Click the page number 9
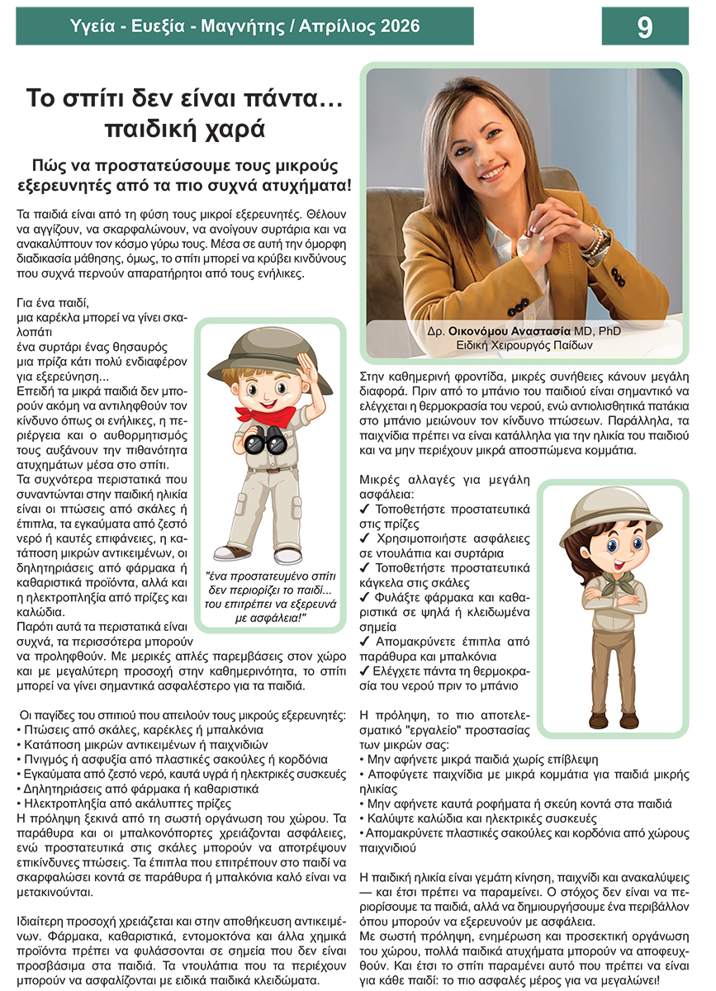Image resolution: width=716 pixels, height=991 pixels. point(645,27)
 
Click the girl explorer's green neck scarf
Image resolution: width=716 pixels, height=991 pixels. point(612,584)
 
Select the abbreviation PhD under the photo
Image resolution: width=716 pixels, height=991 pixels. point(611,330)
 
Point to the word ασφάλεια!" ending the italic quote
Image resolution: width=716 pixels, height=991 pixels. point(278,614)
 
